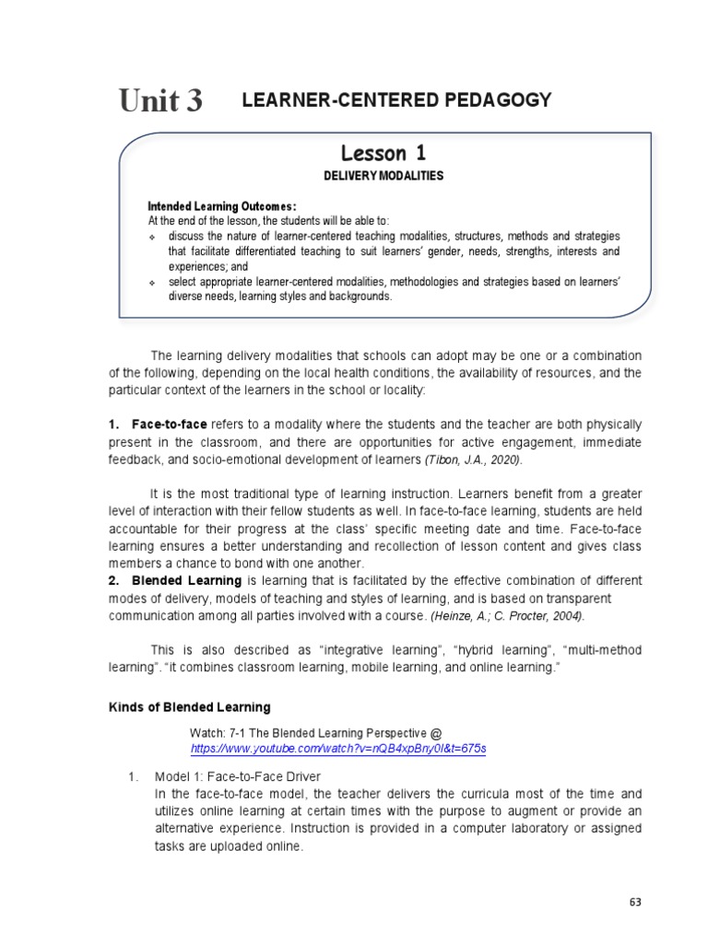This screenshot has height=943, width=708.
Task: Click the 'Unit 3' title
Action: coord(160,101)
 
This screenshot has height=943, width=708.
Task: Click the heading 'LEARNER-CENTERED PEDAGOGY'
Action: coord(396,100)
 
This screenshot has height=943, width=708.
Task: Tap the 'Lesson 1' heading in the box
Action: coord(384,153)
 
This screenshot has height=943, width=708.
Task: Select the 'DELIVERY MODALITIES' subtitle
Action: coord(384,176)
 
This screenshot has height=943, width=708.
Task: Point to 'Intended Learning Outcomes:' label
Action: coord(222,206)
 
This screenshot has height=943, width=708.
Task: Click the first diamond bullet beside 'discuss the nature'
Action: coord(153,237)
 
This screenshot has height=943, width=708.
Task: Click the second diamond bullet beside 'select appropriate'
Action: coord(153,282)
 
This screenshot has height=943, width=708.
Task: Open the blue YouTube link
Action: coord(337,749)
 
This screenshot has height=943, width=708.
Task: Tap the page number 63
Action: coord(635,902)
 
